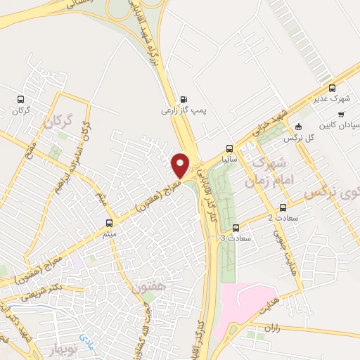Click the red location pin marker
pos(181,165)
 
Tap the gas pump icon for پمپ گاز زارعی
pos(184,99)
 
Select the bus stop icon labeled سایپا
pos(229,148)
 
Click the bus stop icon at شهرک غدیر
pos(335,89)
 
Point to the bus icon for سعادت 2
pos(283,207)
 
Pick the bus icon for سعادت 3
pos(236,228)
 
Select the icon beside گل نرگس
pos(299,127)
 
